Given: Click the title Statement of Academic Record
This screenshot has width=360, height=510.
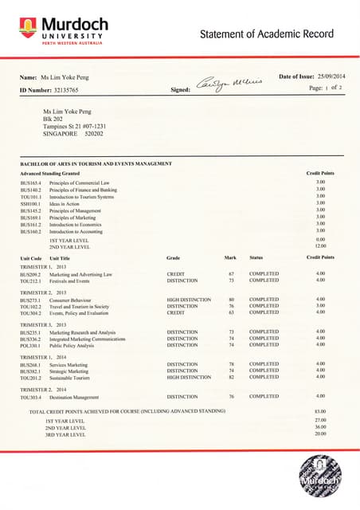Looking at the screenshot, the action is coord(267,33).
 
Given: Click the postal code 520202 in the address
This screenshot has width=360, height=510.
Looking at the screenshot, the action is coord(94,134).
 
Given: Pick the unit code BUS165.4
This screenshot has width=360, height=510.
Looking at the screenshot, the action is coord(30,182).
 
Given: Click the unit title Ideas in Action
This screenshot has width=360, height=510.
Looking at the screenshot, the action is coord(65,204).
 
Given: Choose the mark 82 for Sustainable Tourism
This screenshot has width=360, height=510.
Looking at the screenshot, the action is coord(231,378).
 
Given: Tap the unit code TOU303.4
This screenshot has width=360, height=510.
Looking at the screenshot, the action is coord(30,396).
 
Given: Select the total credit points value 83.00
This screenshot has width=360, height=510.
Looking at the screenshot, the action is coord(321,411).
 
